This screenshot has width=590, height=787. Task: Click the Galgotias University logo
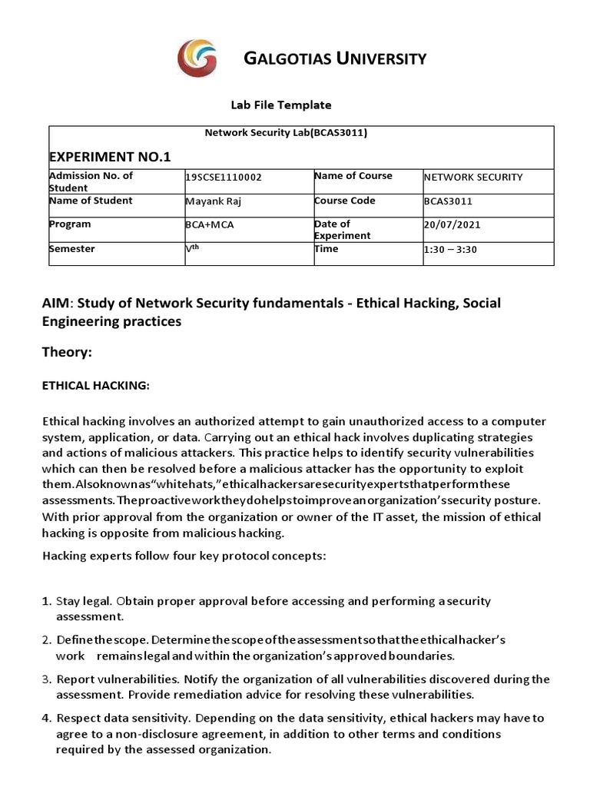(x=197, y=60)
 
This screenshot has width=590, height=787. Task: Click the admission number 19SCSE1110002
(x=224, y=177)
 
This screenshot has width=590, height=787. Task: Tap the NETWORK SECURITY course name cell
(x=472, y=177)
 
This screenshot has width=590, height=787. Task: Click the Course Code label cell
(x=344, y=201)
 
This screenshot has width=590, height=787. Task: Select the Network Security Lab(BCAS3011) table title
(x=286, y=133)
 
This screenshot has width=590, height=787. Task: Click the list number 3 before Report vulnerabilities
(x=47, y=679)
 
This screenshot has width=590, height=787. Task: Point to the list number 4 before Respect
(x=47, y=719)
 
